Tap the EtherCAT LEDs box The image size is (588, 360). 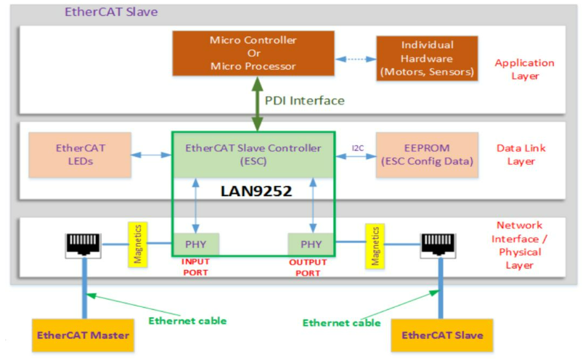pos(81,155)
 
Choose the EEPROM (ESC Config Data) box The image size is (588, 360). pos(427,155)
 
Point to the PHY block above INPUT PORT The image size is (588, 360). pos(195,245)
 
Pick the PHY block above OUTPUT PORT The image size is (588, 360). pos(311,245)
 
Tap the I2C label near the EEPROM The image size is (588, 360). pos(357,148)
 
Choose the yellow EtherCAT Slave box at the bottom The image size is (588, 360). pos(441,335)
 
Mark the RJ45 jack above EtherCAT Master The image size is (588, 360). pos(85,245)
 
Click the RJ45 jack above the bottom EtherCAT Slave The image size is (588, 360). pos(439,245)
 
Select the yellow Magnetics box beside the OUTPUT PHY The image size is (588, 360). pos(375,245)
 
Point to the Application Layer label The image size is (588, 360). pos(524,69)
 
